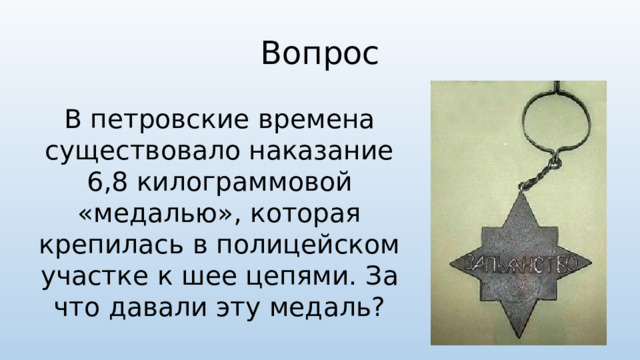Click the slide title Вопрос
(x=319, y=50)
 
